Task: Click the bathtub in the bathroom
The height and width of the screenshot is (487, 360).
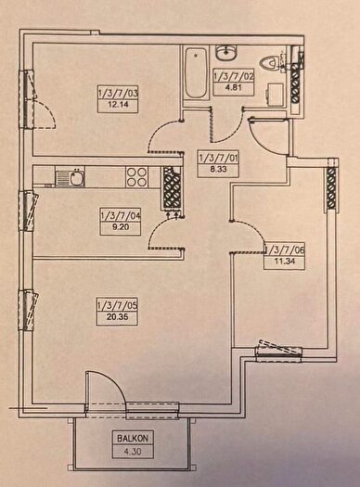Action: [x=196, y=73]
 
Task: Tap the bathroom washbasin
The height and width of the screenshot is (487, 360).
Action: [x=225, y=53]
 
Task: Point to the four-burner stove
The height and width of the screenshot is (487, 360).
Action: [x=136, y=177]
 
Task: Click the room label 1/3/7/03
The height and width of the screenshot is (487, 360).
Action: [x=118, y=93]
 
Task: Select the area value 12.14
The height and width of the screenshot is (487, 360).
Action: [x=118, y=104]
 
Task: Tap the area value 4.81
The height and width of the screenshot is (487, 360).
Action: [x=234, y=87]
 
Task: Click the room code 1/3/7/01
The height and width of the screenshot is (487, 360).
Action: [x=218, y=158]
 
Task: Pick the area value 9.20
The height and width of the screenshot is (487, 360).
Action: [x=121, y=227]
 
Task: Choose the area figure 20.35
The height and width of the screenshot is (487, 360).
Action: [x=117, y=317]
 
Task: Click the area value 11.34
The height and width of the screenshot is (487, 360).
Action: [x=285, y=261]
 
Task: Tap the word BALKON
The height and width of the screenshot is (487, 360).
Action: [x=133, y=439]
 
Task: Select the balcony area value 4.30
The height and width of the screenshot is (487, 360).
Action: [x=133, y=451]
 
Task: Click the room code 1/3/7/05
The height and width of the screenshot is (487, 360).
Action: [x=117, y=304]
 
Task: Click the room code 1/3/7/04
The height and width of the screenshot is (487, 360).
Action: [x=121, y=215]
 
